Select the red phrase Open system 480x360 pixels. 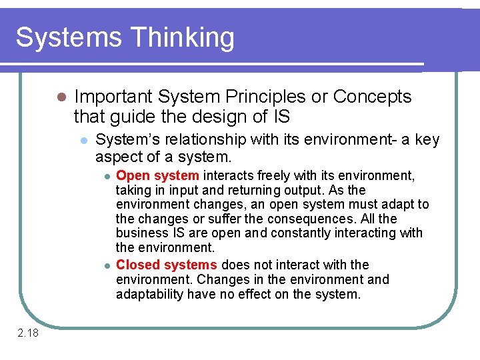coord(157,175)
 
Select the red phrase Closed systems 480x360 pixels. coord(167,265)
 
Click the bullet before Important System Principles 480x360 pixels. coord(61,97)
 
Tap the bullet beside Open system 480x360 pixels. coord(106,176)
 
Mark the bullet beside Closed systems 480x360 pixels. coord(106,265)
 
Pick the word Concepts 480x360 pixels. coord(372,97)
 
